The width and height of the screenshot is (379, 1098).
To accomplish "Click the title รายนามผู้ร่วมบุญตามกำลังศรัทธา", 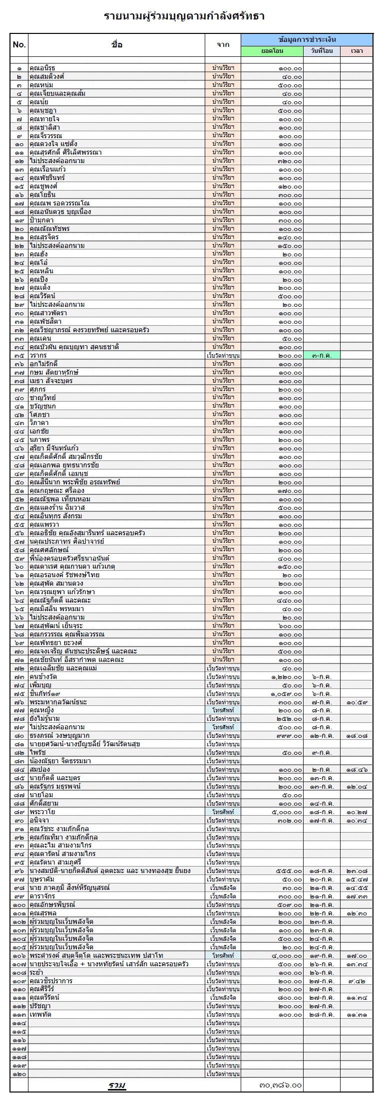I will (184, 16).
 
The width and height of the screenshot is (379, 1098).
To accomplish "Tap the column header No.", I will (19, 45).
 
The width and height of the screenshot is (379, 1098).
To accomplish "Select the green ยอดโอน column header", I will (272, 51).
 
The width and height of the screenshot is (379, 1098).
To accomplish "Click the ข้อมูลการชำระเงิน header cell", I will (307, 39).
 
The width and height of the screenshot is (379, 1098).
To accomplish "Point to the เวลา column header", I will (357, 51).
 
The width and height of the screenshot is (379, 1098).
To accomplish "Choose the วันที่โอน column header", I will (322, 51).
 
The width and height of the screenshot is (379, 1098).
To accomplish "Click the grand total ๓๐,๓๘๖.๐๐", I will (281, 1085).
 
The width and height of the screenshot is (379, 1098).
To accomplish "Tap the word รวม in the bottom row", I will (117, 1085).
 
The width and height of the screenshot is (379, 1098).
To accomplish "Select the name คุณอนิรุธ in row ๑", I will (42, 68).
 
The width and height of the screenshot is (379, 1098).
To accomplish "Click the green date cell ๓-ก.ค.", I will (322, 355).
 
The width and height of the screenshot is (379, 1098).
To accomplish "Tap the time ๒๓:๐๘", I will (357, 871).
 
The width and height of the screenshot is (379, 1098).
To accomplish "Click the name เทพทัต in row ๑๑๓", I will (40, 1015).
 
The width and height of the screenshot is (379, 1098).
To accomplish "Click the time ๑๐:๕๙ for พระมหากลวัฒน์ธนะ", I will (357, 702).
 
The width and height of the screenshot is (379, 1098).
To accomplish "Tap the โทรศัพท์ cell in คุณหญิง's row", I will (223, 710).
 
